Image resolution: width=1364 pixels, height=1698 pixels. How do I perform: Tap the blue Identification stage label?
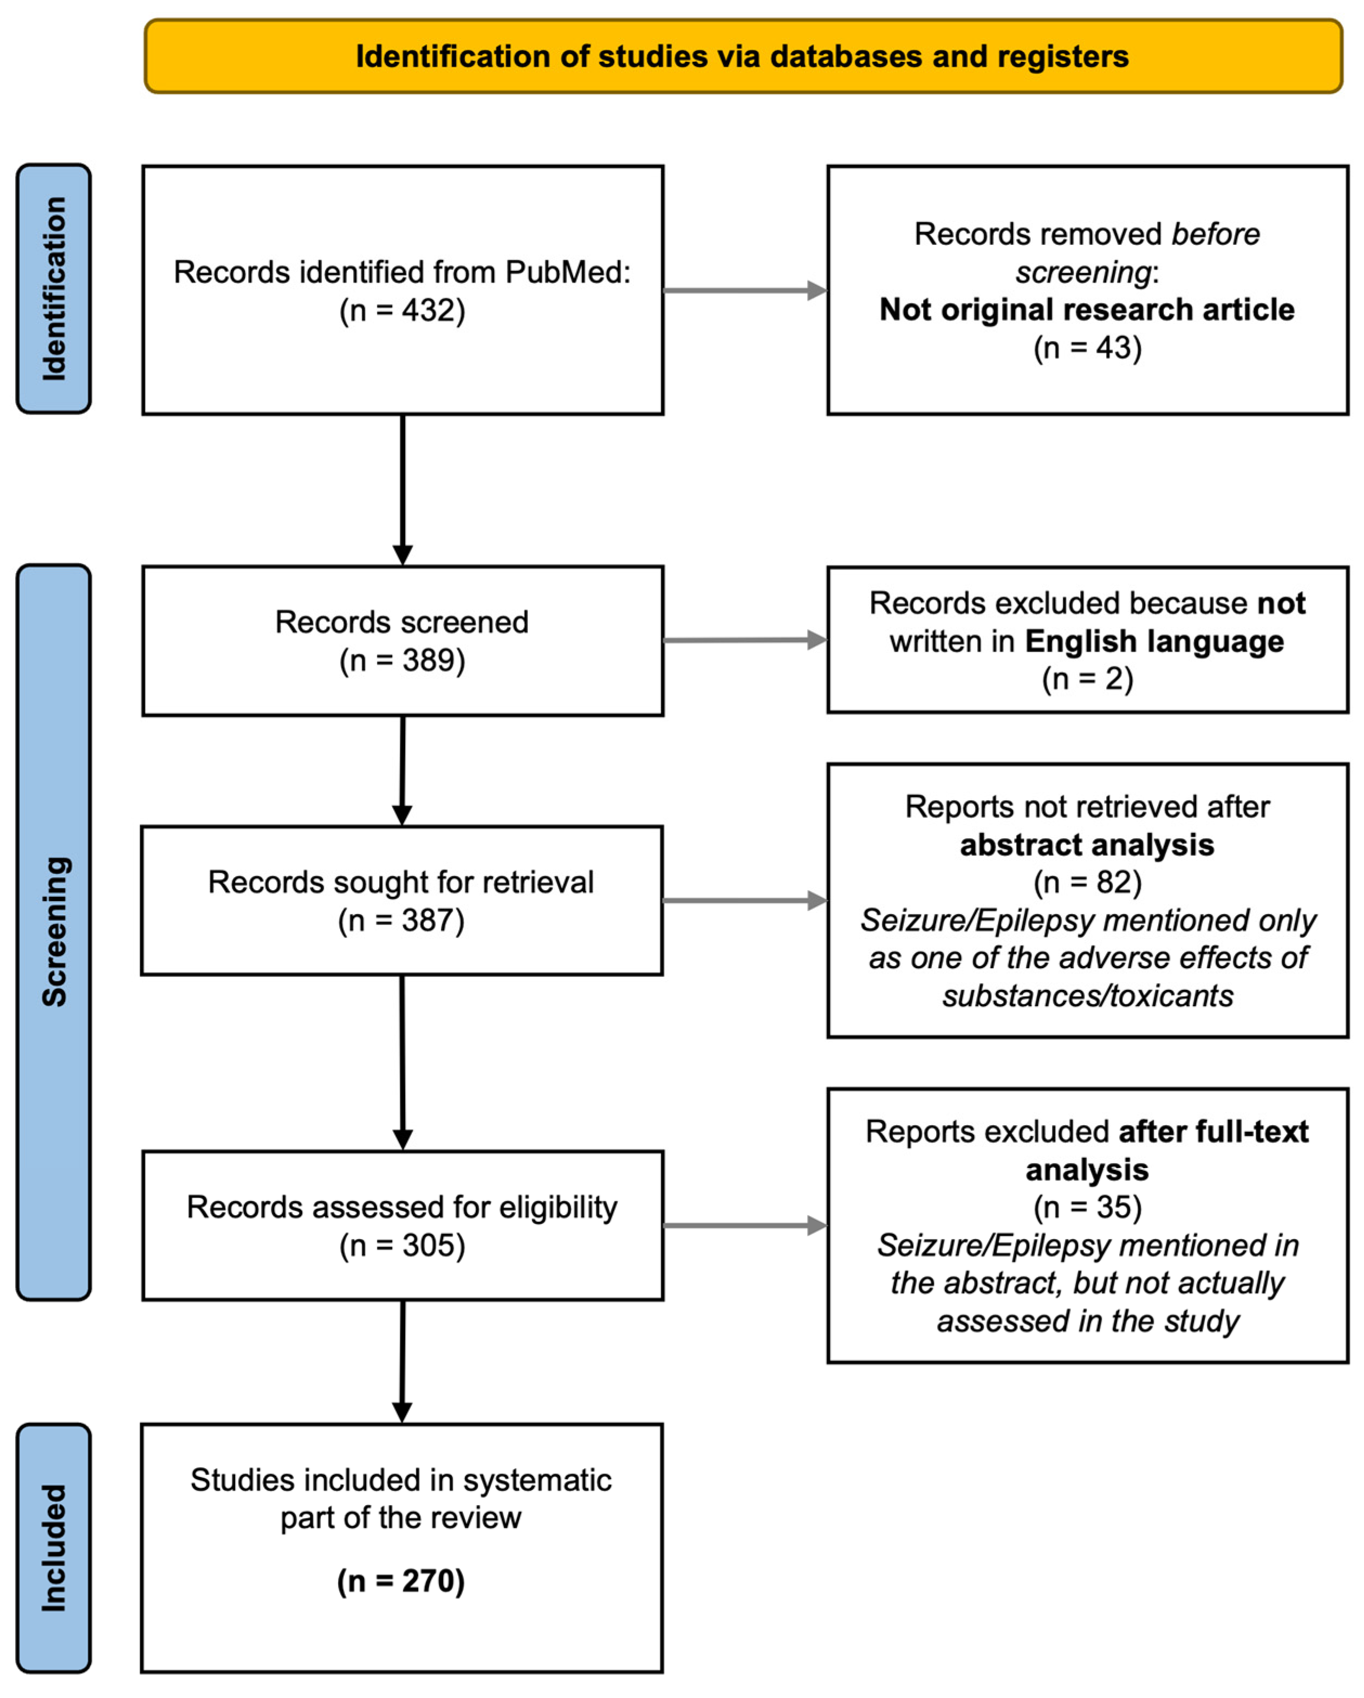(x=54, y=288)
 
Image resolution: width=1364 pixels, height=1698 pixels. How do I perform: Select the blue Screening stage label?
(x=54, y=932)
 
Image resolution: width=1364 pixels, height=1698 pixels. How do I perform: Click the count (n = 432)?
(x=402, y=310)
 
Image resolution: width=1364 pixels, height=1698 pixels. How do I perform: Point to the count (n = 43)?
(x=1088, y=348)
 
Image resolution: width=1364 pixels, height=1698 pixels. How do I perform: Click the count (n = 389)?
(x=402, y=660)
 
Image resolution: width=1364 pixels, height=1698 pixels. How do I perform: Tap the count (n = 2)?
(x=1088, y=679)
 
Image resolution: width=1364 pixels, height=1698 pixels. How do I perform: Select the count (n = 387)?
(x=401, y=920)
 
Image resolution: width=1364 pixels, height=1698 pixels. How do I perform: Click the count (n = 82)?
(x=1088, y=882)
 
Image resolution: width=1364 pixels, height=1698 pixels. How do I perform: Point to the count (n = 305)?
(x=402, y=1245)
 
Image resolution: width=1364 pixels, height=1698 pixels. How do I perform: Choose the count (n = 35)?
(x=1088, y=1207)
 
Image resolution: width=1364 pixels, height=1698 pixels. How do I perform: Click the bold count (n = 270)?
(x=401, y=1580)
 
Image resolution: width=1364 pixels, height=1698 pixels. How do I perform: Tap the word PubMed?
(x=568, y=273)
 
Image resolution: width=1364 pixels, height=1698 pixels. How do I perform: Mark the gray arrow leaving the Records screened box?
(x=745, y=640)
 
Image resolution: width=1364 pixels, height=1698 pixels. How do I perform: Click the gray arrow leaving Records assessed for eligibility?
(x=745, y=1226)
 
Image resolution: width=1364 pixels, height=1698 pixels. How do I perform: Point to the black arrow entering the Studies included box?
(x=402, y=1362)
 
